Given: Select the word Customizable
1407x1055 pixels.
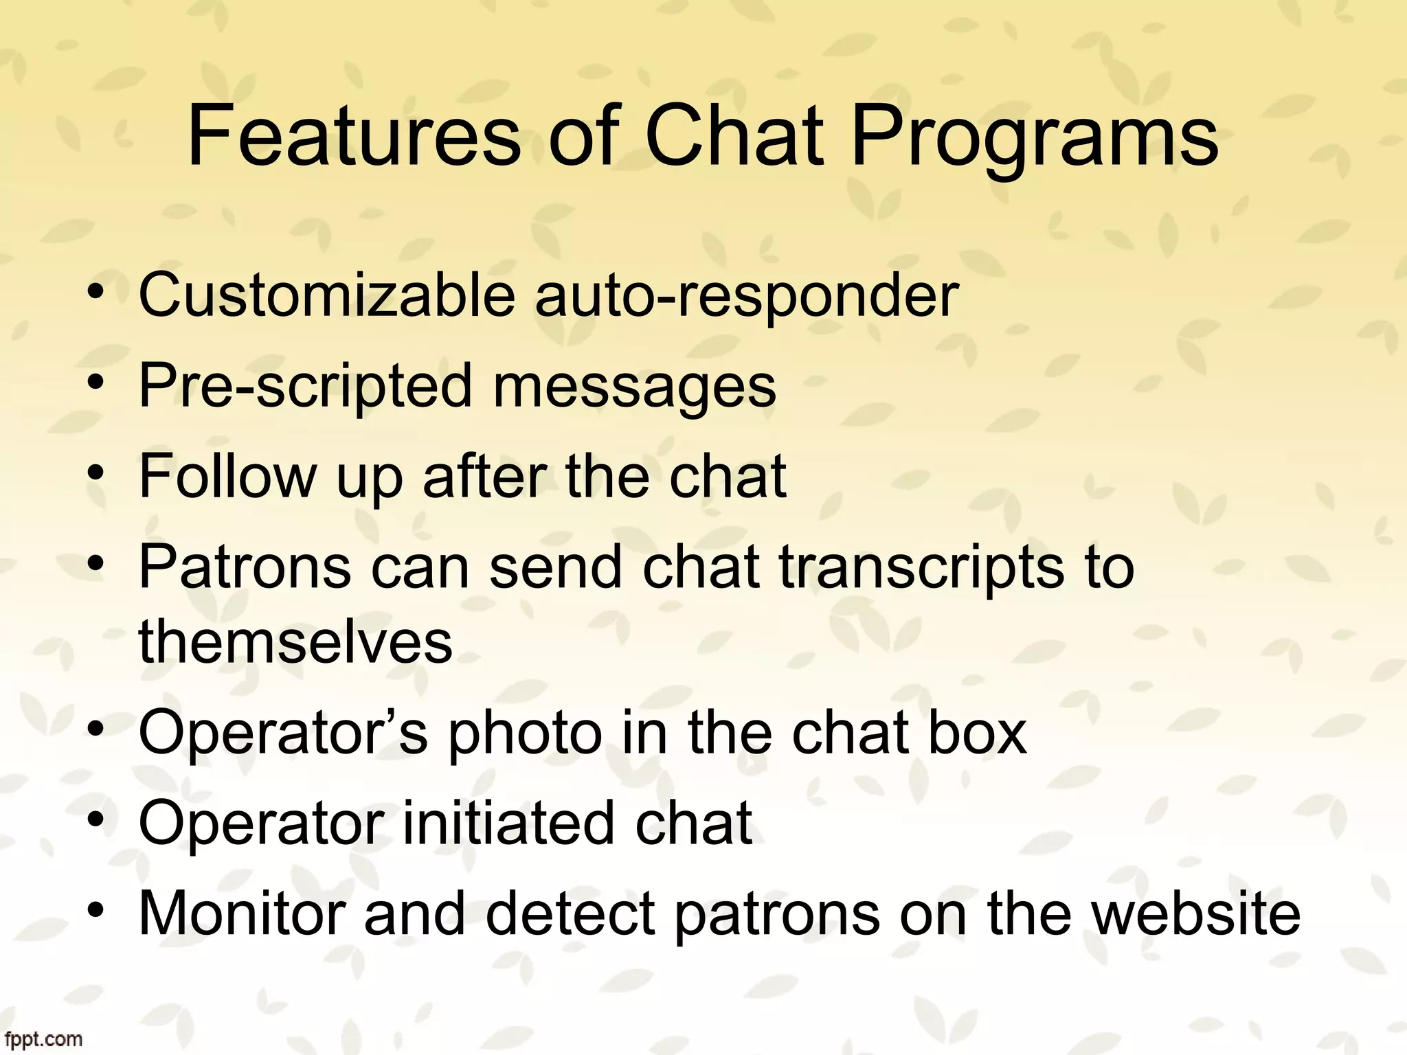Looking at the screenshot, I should tap(326, 295).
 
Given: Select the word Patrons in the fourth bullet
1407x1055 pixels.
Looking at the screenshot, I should tap(245, 567).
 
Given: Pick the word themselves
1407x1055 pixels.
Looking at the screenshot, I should tap(295, 642).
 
